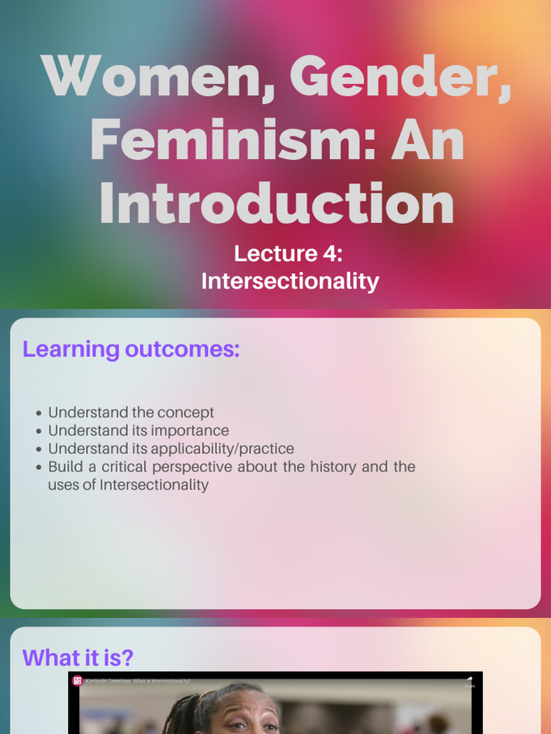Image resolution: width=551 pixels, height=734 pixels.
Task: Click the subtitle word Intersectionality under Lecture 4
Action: pyautogui.click(x=290, y=281)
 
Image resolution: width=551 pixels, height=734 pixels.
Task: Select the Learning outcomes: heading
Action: pyautogui.click(x=131, y=349)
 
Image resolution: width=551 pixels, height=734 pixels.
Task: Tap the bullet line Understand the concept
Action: pyautogui.click(x=131, y=412)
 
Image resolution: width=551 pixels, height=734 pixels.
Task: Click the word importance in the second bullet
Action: pyautogui.click(x=190, y=431)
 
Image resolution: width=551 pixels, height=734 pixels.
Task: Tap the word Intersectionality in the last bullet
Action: pyautogui.click(x=154, y=485)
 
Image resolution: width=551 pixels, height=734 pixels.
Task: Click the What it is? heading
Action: pyautogui.click(x=77, y=657)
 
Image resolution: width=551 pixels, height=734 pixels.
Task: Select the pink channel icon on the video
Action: pyautogui.click(x=77, y=681)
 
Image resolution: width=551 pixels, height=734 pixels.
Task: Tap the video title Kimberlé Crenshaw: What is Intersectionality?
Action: pyautogui.click(x=138, y=681)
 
